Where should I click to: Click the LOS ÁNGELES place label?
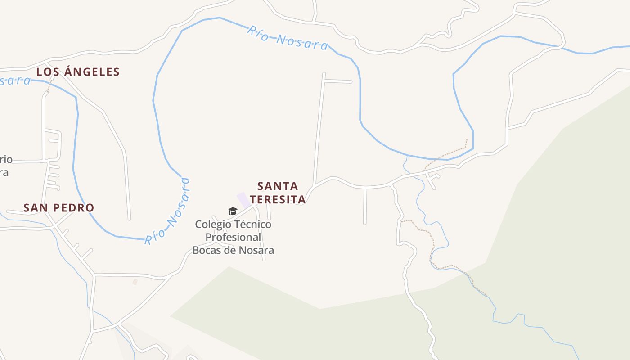coord(78,72)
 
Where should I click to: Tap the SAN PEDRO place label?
coord(58,208)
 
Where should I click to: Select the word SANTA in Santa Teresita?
coord(278,186)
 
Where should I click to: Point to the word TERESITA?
coord(278,199)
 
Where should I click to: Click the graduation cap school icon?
coord(233,211)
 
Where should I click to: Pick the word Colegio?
coord(212,224)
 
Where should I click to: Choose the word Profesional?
coord(233,237)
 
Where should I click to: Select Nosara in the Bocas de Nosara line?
coord(256,250)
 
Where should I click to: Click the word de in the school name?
coord(228,250)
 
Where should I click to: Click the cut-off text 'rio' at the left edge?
coord(6,160)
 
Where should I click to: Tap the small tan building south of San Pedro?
coord(135,282)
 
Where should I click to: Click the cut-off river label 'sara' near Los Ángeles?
coord(15,81)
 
